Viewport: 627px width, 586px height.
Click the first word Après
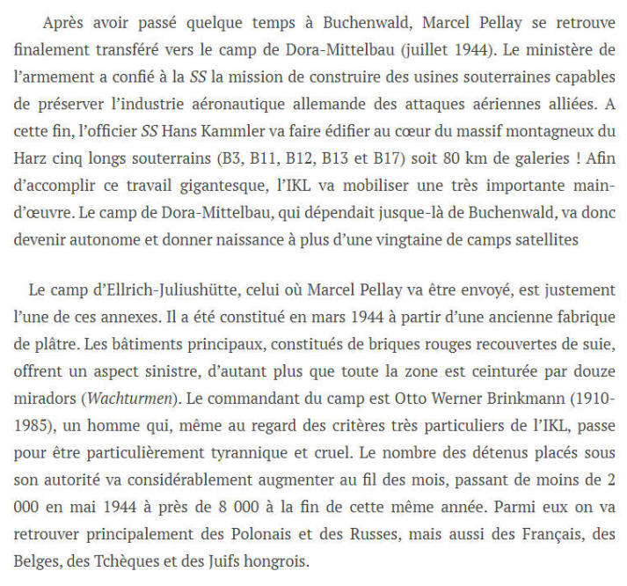[62, 18]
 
